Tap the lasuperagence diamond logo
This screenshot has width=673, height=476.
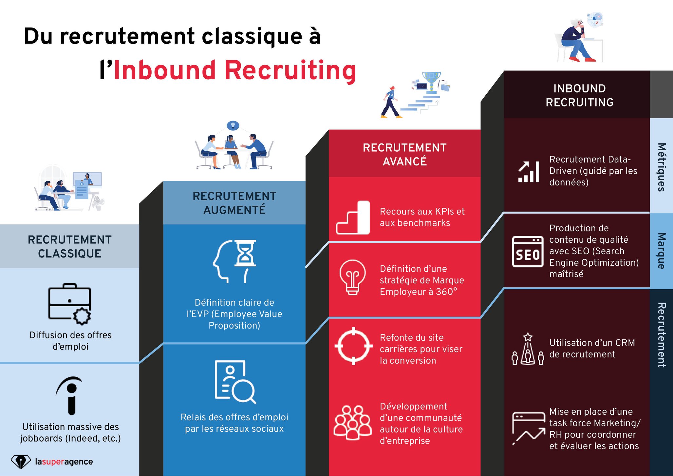pyautogui.click(x=21, y=462)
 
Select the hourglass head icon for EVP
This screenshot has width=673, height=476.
pyautogui.click(x=234, y=261)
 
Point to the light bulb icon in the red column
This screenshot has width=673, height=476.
pyautogui.click(x=352, y=277)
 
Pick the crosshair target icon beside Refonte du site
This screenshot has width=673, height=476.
pyautogui.click(x=353, y=346)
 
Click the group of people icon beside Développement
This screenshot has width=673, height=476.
pyautogui.click(x=352, y=423)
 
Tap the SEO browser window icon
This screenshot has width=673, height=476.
pyautogui.click(x=528, y=251)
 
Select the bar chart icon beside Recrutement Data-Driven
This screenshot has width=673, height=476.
pyautogui.click(x=529, y=172)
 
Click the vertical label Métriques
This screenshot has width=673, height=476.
pyautogui.click(x=662, y=167)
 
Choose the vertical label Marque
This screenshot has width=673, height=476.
pyautogui.click(x=662, y=251)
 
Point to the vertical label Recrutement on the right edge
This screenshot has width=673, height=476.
pyautogui.click(x=662, y=334)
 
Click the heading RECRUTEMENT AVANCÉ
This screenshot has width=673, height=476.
pyautogui.click(x=404, y=154)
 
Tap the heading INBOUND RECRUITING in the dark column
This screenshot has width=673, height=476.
pyautogui.click(x=579, y=95)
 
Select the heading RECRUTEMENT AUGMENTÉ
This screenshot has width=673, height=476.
pyautogui.click(x=234, y=203)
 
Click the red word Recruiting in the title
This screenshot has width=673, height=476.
pyautogui.click(x=290, y=70)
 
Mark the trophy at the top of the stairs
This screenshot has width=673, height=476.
pyautogui.click(x=431, y=80)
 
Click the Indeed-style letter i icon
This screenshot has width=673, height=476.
pyautogui.click(x=70, y=395)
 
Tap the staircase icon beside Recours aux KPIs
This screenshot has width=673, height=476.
pyautogui.click(x=353, y=218)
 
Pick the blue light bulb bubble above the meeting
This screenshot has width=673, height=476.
pyautogui.click(x=233, y=125)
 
